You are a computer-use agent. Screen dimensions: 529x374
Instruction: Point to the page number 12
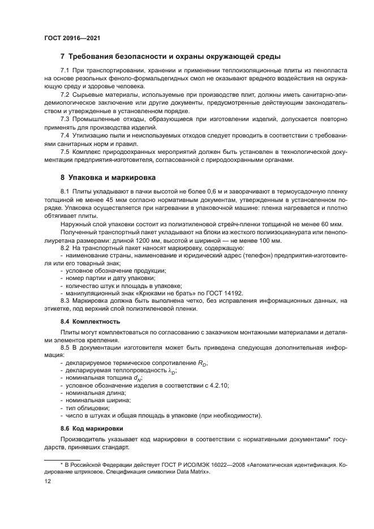coord(48,481)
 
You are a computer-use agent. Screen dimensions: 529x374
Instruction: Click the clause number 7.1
coord(65,70)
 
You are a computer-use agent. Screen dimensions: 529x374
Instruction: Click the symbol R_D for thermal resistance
coord(187,363)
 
